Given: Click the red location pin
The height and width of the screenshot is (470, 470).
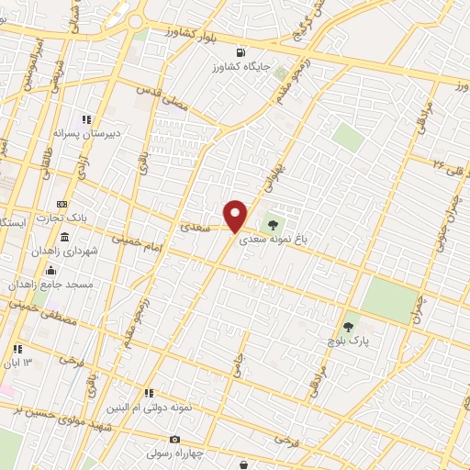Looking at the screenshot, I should [236, 215].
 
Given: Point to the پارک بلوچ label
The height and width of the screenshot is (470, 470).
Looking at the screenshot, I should [348, 341].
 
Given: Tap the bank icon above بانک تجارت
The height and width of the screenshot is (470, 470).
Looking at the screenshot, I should [62, 204].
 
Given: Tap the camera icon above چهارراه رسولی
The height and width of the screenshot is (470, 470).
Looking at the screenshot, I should [175, 439].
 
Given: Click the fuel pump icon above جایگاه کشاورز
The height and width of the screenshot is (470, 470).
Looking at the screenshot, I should [241, 52].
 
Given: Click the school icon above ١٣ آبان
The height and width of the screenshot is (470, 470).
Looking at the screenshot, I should [17, 349].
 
